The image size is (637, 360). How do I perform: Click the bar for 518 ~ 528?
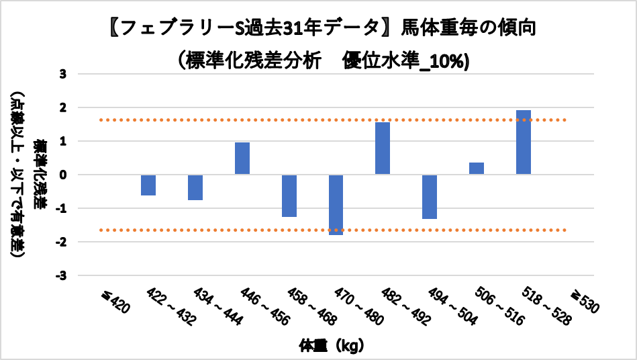coord(524,142)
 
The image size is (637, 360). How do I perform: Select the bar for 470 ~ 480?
coord(336,204)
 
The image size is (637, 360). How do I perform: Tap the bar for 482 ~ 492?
coord(383,148)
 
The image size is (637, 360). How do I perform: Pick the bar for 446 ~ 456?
coord(242,159)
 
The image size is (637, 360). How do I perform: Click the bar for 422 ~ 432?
coord(148,185)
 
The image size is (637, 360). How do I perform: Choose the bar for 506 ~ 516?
coord(477,169)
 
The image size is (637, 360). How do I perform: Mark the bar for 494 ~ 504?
coord(430,196)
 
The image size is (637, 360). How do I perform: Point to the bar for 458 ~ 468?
coord(289,195)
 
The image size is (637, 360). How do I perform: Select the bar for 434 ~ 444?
coord(195,187)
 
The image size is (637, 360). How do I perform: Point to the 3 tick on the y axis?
coord(62,74)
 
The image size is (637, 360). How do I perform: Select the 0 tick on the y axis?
coord(62,175)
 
